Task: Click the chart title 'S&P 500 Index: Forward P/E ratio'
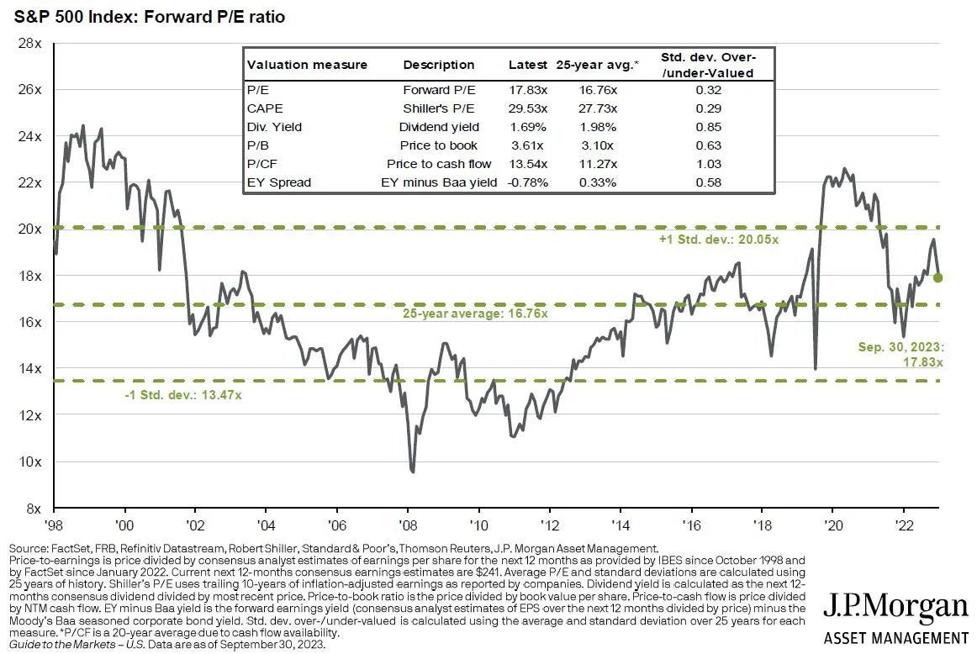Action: [x=144, y=16]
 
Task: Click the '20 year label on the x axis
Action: [x=832, y=522]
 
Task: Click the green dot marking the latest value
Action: [x=937, y=277]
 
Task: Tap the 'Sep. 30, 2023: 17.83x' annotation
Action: [x=900, y=354]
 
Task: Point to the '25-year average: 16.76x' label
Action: [x=475, y=314]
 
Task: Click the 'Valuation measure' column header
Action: [x=295, y=65]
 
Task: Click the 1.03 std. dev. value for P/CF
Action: [x=708, y=164]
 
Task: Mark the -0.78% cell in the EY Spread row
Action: [x=528, y=182]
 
